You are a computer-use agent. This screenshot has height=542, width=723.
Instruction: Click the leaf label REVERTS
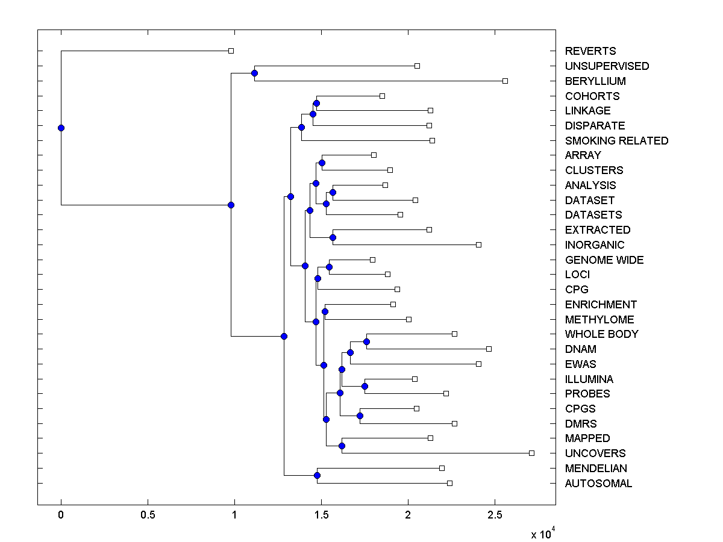pyautogui.click(x=590, y=51)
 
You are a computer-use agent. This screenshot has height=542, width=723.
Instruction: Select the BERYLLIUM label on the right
pyautogui.click(x=595, y=81)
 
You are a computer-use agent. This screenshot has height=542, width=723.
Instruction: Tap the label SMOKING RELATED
pyautogui.click(x=616, y=140)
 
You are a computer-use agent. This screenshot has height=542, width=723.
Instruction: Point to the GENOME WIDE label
pyautogui.click(x=604, y=260)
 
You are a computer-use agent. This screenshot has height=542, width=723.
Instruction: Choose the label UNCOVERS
pyautogui.click(x=595, y=453)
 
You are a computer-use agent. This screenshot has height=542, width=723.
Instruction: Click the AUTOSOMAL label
pyautogui.click(x=598, y=484)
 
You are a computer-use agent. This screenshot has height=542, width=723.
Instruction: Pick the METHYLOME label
pyautogui.click(x=599, y=320)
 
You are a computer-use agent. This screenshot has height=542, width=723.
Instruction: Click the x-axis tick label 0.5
pyautogui.click(x=148, y=515)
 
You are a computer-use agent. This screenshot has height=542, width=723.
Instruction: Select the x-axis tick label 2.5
pyautogui.click(x=495, y=515)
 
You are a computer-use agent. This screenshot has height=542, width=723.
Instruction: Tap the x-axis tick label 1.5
pyautogui.click(x=321, y=515)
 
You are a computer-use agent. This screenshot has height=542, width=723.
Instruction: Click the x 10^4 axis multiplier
pyautogui.click(x=542, y=534)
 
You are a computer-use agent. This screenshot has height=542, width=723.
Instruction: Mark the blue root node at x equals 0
pyautogui.click(x=61, y=128)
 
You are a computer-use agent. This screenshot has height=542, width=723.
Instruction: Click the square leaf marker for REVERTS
pyautogui.click(x=231, y=51)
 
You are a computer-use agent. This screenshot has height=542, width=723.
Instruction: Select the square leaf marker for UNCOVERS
pyautogui.click(x=531, y=453)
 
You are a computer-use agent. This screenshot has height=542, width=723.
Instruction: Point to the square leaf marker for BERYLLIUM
pyautogui.click(x=505, y=81)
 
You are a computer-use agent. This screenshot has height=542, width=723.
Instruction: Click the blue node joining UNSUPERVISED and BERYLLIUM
pyautogui.click(x=254, y=73)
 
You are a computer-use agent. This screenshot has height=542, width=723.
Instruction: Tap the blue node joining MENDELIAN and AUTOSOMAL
pyautogui.click(x=317, y=475)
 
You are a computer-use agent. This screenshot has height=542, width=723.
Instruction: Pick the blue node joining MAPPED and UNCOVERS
pyautogui.click(x=342, y=446)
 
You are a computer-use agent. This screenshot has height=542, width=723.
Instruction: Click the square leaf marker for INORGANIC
pyautogui.click(x=478, y=245)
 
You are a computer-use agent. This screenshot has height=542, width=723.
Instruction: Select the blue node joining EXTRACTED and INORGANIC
pyautogui.click(x=333, y=237)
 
